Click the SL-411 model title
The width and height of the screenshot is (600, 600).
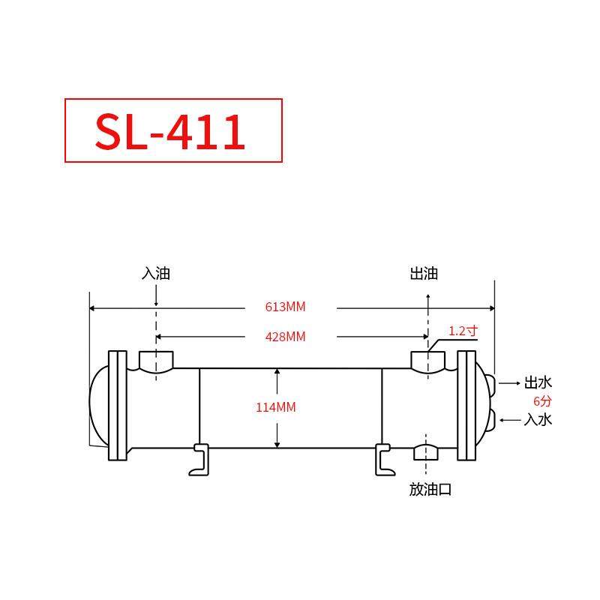tap(171, 131)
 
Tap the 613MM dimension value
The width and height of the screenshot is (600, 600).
tap(286, 307)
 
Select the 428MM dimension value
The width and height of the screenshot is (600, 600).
tap(286, 337)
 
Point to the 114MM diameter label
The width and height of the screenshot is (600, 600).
tap(276, 407)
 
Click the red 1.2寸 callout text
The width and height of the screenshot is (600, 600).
tap(463, 331)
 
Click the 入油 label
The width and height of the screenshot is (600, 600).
tap(156, 274)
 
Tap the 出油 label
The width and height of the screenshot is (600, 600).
tap(424, 274)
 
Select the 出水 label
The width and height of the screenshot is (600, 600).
tap(538, 382)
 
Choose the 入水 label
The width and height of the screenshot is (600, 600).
tap(538, 419)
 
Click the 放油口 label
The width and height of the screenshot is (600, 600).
tap(430, 490)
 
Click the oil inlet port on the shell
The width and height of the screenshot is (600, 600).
tap(156, 361)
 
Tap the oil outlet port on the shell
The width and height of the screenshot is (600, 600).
tap(428, 361)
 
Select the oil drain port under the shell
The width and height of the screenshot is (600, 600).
tap(427, 452)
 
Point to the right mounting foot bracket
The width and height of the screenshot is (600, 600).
tap(382, 459)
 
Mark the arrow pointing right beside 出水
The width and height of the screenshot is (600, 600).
tap(510, 383)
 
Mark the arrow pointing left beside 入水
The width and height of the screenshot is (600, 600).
tap(510, 420)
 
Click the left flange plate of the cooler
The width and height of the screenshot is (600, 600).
tap(117, 405)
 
